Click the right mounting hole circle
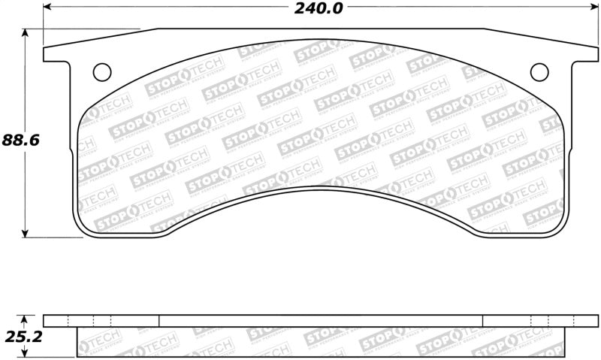[539, 71]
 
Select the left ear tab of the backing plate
[59, 54]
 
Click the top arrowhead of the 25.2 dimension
[27, 318]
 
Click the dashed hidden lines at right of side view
[541, 321]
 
